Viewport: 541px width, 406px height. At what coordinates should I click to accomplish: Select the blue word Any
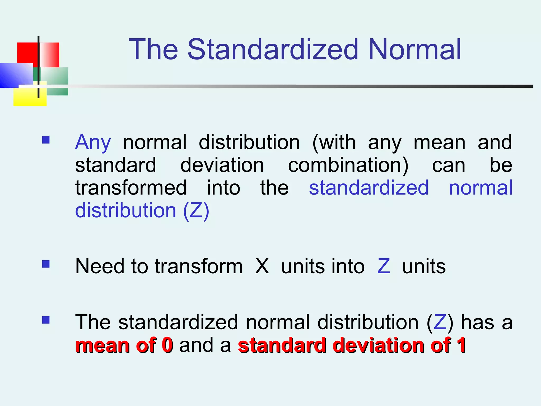(93, 143)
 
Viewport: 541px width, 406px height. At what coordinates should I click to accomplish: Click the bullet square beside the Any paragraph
(46, 140)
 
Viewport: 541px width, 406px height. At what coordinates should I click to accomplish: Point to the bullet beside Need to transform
(46, 264)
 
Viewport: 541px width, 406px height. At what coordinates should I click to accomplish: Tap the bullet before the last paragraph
(46, 320)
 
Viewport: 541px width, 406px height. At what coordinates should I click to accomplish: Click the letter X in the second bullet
(262, 266)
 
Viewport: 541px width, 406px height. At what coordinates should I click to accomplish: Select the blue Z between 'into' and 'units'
(384, 266)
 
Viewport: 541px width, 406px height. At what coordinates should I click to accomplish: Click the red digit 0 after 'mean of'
(167, 345)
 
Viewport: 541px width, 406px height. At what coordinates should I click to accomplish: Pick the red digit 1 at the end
(461, 345)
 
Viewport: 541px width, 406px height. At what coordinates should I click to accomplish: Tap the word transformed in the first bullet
(131, 188)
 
